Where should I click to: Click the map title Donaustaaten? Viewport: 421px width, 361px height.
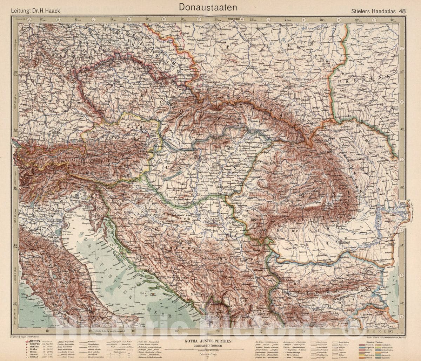pos(208,7)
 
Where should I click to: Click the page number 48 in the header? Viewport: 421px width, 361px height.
pos(402,11)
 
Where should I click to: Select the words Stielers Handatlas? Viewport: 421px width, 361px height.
pos(374,11)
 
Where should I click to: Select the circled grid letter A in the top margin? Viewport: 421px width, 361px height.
pos(29,20)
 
